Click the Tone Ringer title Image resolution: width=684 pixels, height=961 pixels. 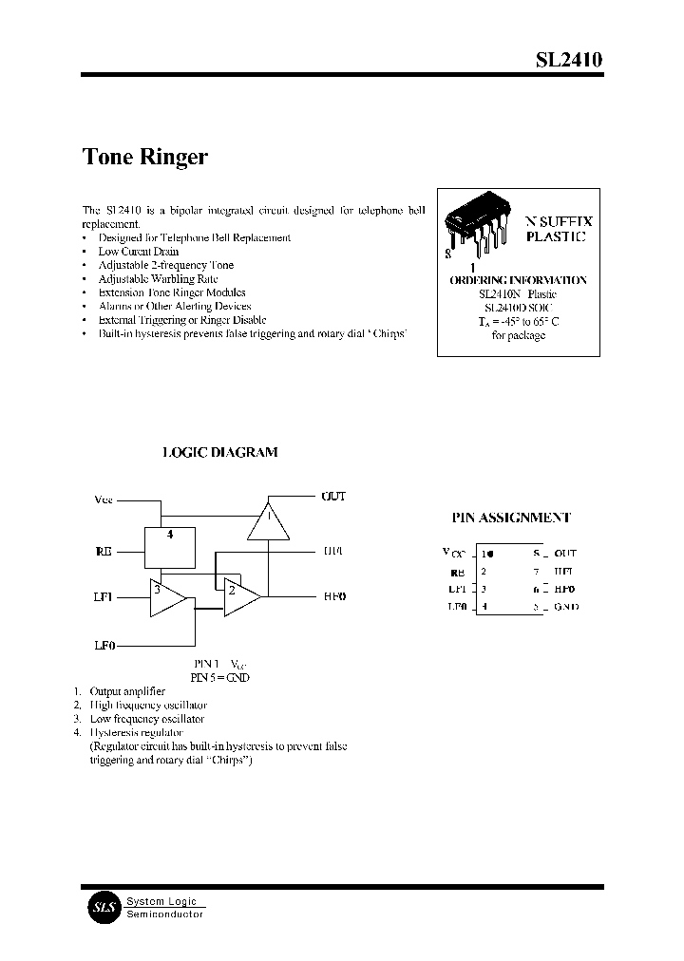[145, 157]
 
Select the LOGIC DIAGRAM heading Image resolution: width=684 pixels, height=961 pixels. [220, 453]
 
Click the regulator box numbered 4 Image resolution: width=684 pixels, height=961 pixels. [170, 547]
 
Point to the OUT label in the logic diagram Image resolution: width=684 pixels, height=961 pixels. [333, 497]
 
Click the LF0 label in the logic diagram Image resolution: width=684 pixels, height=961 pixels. [104, 645]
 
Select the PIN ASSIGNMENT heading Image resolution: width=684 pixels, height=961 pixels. [510, 518]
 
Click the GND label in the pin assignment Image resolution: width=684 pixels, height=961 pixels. [565, 606]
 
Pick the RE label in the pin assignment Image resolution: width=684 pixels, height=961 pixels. [457, 572]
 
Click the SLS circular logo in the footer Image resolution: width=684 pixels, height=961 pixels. [103, 907]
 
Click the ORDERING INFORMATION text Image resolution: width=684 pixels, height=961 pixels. [518, 280]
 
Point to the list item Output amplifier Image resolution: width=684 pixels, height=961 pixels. [126, 691]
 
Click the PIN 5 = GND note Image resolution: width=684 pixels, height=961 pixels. [219, 677]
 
